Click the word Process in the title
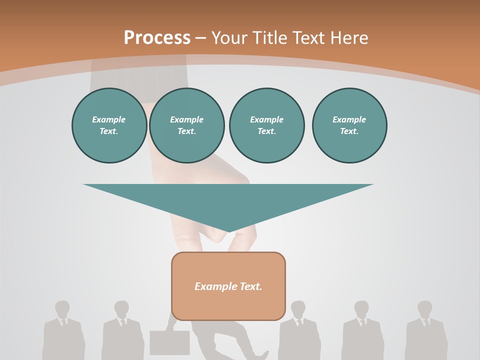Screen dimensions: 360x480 (x=157, y=38)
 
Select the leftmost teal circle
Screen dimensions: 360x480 (x=109, y=125)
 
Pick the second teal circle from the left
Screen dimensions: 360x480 (x=186, y=125)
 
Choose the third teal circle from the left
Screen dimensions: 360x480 (x=266, y=125)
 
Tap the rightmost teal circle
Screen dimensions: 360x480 (x=349, y=125)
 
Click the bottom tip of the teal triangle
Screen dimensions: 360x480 (x=229, y=231)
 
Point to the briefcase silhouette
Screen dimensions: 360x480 (x=169, y=342)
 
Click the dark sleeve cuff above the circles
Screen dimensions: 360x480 (x=137, y=75)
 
